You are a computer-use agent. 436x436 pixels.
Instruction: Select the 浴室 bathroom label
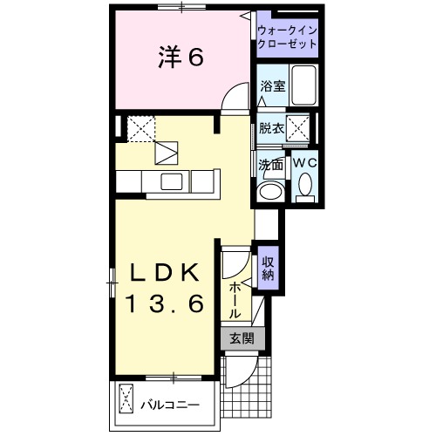click(x=272, y=85)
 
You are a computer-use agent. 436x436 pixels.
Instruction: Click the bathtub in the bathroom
click(x=304, y=85)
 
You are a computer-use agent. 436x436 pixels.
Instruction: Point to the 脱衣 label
click(x=271, y=128)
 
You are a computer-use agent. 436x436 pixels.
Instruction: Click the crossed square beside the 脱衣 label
click(x=300, y=128)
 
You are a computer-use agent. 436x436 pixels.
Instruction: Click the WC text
click(x=304, y=163)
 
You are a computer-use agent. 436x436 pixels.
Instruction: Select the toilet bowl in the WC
click(x=304, y=184)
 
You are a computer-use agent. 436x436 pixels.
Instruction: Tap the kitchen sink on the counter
click(x=171, y=181)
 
